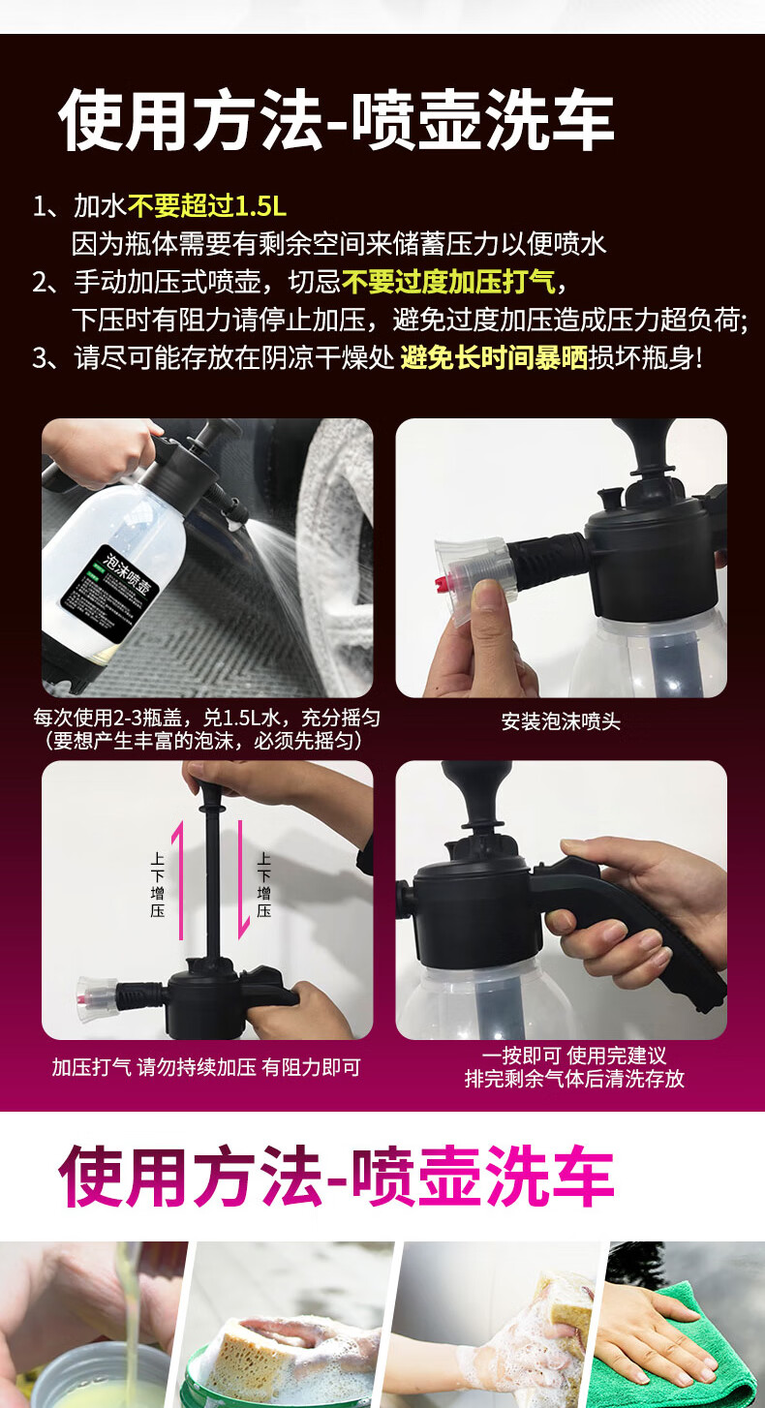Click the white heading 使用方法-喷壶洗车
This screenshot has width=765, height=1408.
tap(336, 120)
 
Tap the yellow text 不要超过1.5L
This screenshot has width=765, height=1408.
tap(207, 205)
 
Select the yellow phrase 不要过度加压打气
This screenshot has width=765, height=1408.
tap(449, 282)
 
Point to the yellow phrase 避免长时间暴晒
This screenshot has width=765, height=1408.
tap(494, 358)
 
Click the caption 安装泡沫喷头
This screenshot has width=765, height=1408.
tap(561, 721)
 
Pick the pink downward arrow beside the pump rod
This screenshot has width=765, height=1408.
tap(242, 880)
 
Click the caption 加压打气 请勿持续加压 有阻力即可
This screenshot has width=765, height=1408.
tap(206, 1067)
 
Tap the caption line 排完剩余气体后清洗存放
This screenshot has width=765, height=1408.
tap(574, 1079)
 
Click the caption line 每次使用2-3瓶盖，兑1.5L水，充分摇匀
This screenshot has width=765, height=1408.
tap(207, 718)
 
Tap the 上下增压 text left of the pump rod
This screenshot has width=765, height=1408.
tap(157, 884)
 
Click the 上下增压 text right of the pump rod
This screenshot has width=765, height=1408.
tap(264, 884)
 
